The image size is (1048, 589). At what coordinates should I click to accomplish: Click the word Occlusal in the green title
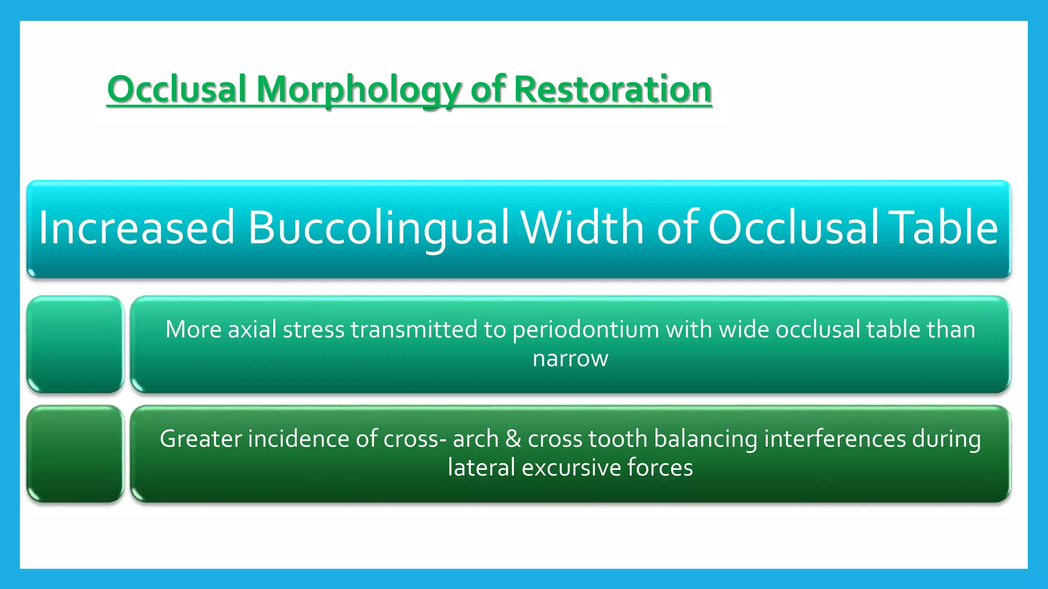point(177,89)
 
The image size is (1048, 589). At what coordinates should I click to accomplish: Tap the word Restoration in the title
point(613,89)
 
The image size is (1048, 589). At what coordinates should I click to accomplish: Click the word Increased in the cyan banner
point(136,228)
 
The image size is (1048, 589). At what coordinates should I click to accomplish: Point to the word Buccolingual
point(378,228)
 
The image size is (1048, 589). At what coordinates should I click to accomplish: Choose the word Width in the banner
point(582,227)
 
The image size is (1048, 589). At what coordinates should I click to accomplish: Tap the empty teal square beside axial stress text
point(75,344)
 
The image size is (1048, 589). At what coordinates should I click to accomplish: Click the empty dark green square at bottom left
point(75,454)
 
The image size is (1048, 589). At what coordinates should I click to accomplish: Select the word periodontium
point(585,330)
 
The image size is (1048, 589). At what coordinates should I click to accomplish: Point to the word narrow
point(570,358)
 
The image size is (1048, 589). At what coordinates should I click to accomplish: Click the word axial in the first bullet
point(252,330)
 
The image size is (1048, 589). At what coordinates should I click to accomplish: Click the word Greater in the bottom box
point(201,439)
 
